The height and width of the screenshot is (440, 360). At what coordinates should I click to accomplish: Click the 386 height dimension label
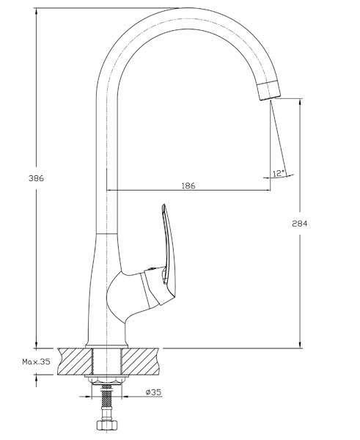pos(36,178)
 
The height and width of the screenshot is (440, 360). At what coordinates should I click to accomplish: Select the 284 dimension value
pos(300,224)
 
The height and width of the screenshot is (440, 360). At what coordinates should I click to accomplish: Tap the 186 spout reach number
pos(188,186)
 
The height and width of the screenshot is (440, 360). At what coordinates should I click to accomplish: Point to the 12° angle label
pos(279,173)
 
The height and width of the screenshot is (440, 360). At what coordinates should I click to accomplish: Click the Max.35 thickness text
pos(36,362)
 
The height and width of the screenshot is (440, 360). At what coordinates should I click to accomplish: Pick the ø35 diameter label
pos(154,392)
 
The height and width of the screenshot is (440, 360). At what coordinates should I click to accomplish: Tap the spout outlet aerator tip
pos(269,91)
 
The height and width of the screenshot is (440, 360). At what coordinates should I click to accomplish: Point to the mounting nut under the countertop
pos(106,379)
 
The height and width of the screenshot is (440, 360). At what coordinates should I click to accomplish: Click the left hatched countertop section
pos(75,361)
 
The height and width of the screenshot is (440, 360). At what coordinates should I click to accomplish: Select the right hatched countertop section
pos(140,361)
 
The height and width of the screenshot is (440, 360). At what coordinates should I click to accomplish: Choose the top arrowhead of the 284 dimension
pos(300,103)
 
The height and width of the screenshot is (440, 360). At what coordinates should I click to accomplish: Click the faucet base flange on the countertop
pos(106,346)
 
